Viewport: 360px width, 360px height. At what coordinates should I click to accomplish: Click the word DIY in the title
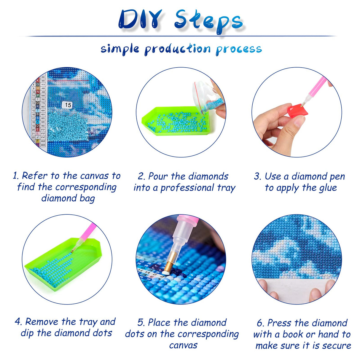[141, 20]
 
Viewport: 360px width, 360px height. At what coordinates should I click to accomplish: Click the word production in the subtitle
[178, 49]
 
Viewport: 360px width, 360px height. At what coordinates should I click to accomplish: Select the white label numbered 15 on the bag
[68, 105]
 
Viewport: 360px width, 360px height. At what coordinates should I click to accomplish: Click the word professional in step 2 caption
[187, 188]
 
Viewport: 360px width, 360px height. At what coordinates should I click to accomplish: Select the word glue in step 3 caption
[328, 188]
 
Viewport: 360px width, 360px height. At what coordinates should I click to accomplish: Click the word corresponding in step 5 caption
[199, 334]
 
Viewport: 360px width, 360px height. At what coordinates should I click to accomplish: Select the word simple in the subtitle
[120, 49]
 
